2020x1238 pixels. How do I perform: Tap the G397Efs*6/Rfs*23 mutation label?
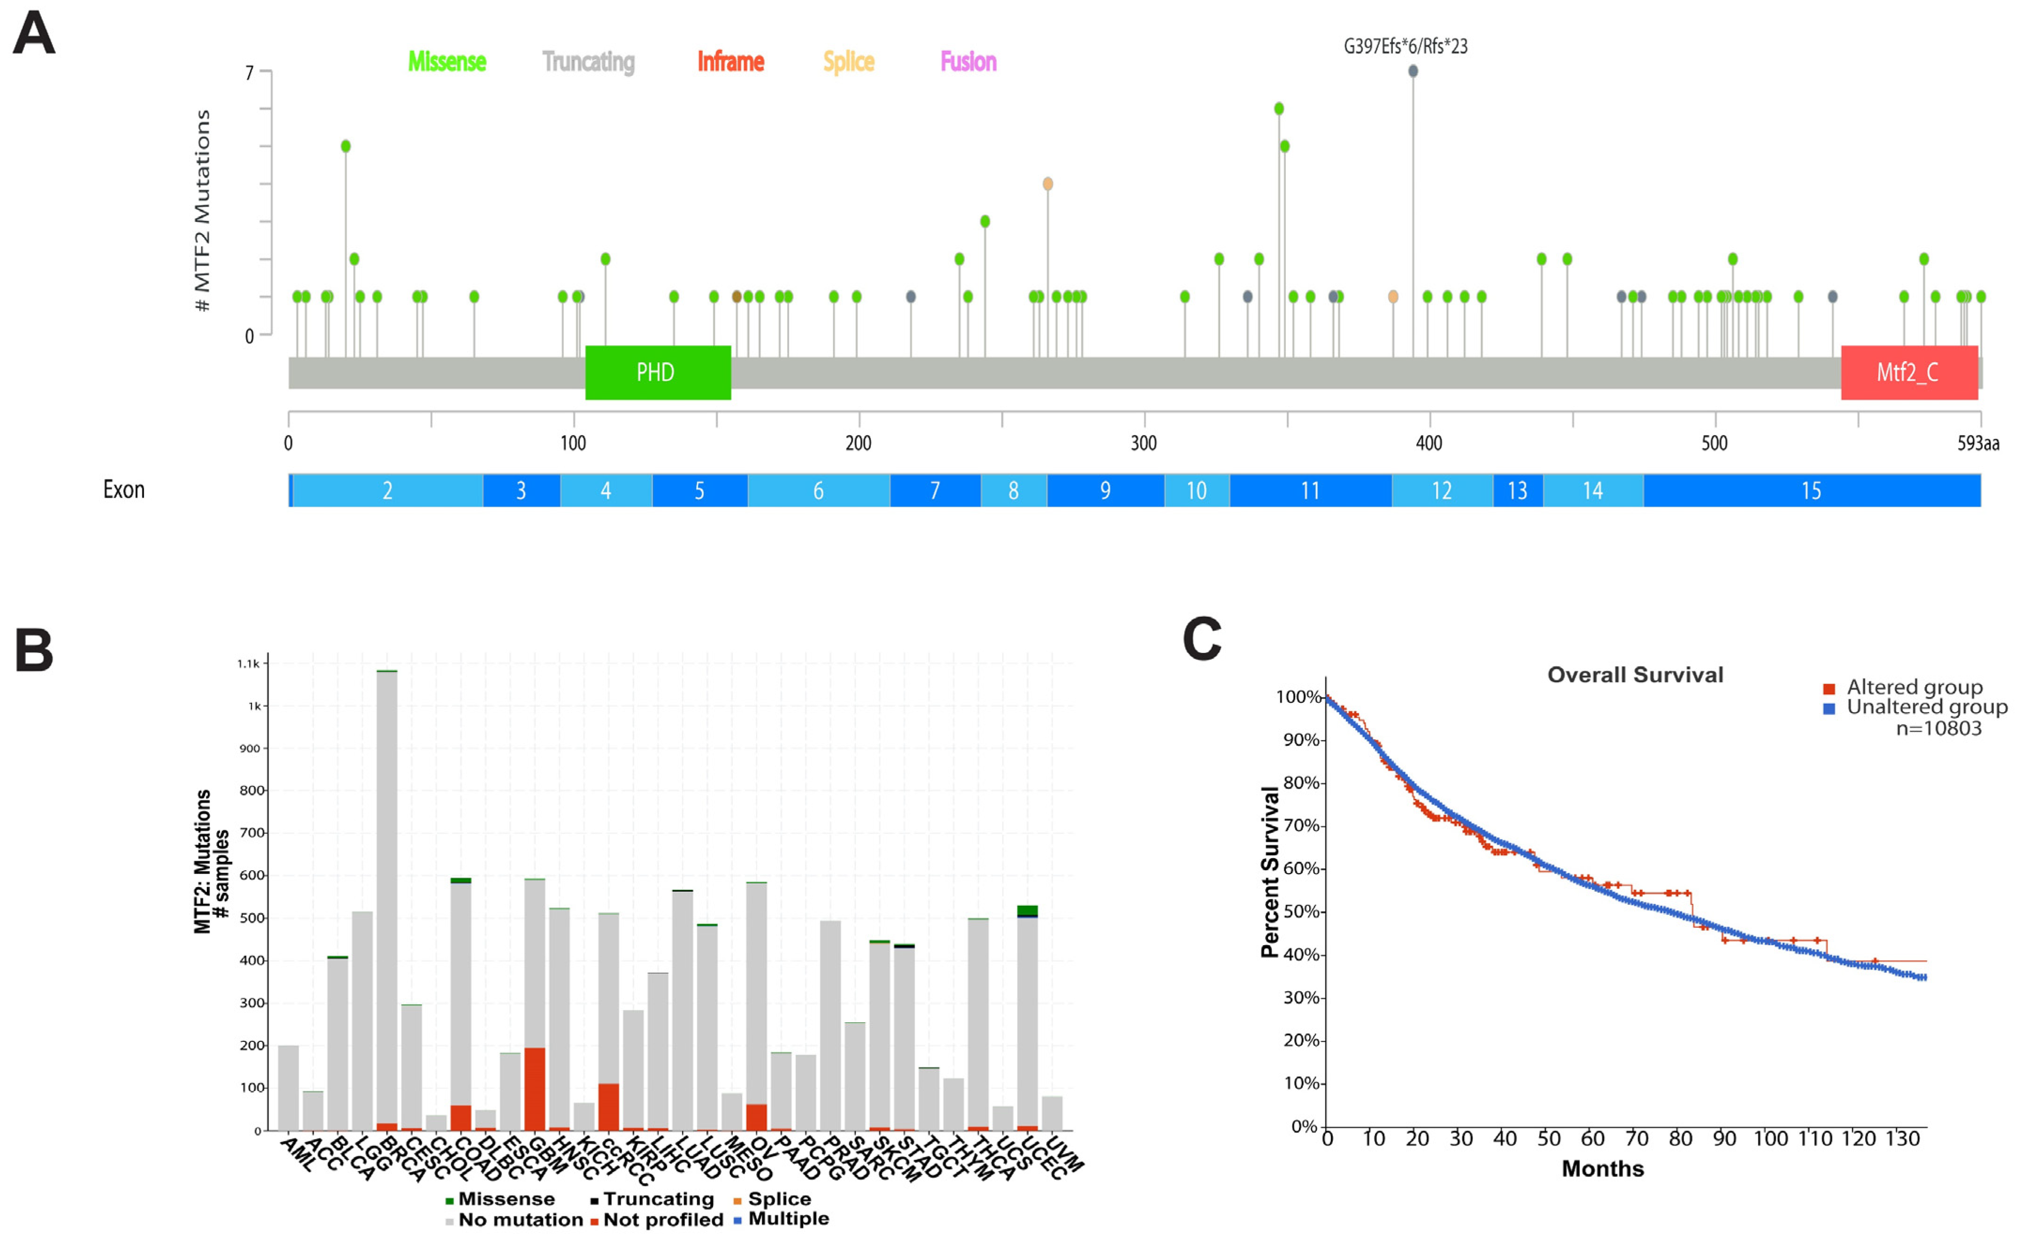click(x=1405, y=46)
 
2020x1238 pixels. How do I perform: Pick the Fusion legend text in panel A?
click(x=968, y=61)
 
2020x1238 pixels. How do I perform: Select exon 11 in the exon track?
click(x=1310, y=490)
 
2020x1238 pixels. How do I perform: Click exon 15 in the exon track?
click(x=1811, y=490)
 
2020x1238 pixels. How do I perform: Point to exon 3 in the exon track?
click(x=521, y=490)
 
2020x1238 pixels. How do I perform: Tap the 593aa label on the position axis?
click(x=1977, y=443)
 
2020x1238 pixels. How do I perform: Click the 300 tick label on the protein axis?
click(x=1144, y=443)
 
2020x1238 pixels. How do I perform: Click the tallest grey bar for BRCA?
click(x=387, y=894)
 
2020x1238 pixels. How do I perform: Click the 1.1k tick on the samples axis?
click(x=249, y=663)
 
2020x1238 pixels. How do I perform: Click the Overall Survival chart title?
click(x=1635, y=675)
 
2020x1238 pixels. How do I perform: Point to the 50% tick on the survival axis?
click(x=1301, y=911)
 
